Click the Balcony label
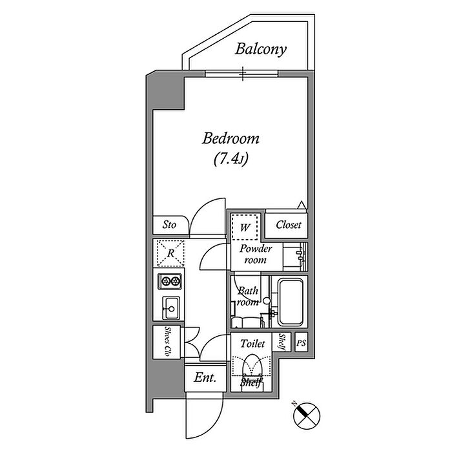click(261, 49)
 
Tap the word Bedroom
click(231, 138)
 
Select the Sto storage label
click(169, 225)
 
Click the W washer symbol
click(245, 227)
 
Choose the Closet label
click(288, 225)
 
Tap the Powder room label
click(256, 254)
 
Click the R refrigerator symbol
click(170, 253)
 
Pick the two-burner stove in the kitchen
click(170, 280)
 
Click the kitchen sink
click(170, 307)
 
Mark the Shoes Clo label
click(167, 342)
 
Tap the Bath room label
click(247, 296)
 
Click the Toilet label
click(252, 344)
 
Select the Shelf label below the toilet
click(251, 383)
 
